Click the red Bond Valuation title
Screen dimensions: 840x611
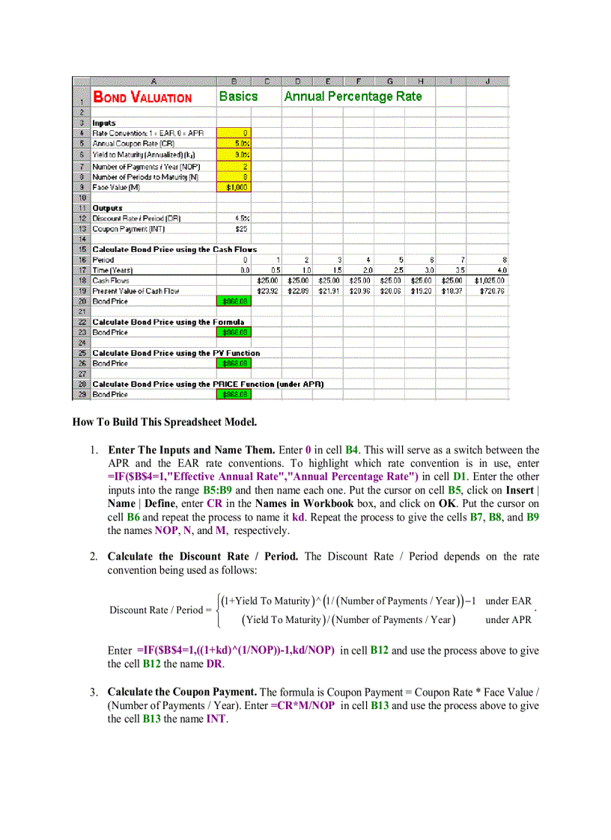142,97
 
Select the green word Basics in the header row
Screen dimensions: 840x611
238,96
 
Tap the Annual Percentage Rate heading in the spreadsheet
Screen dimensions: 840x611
353,96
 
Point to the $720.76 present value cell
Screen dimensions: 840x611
490,291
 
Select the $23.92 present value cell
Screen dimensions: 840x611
267,291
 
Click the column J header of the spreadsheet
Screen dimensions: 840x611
487,81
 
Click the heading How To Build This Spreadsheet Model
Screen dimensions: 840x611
164,422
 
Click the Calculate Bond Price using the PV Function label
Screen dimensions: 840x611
176,353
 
